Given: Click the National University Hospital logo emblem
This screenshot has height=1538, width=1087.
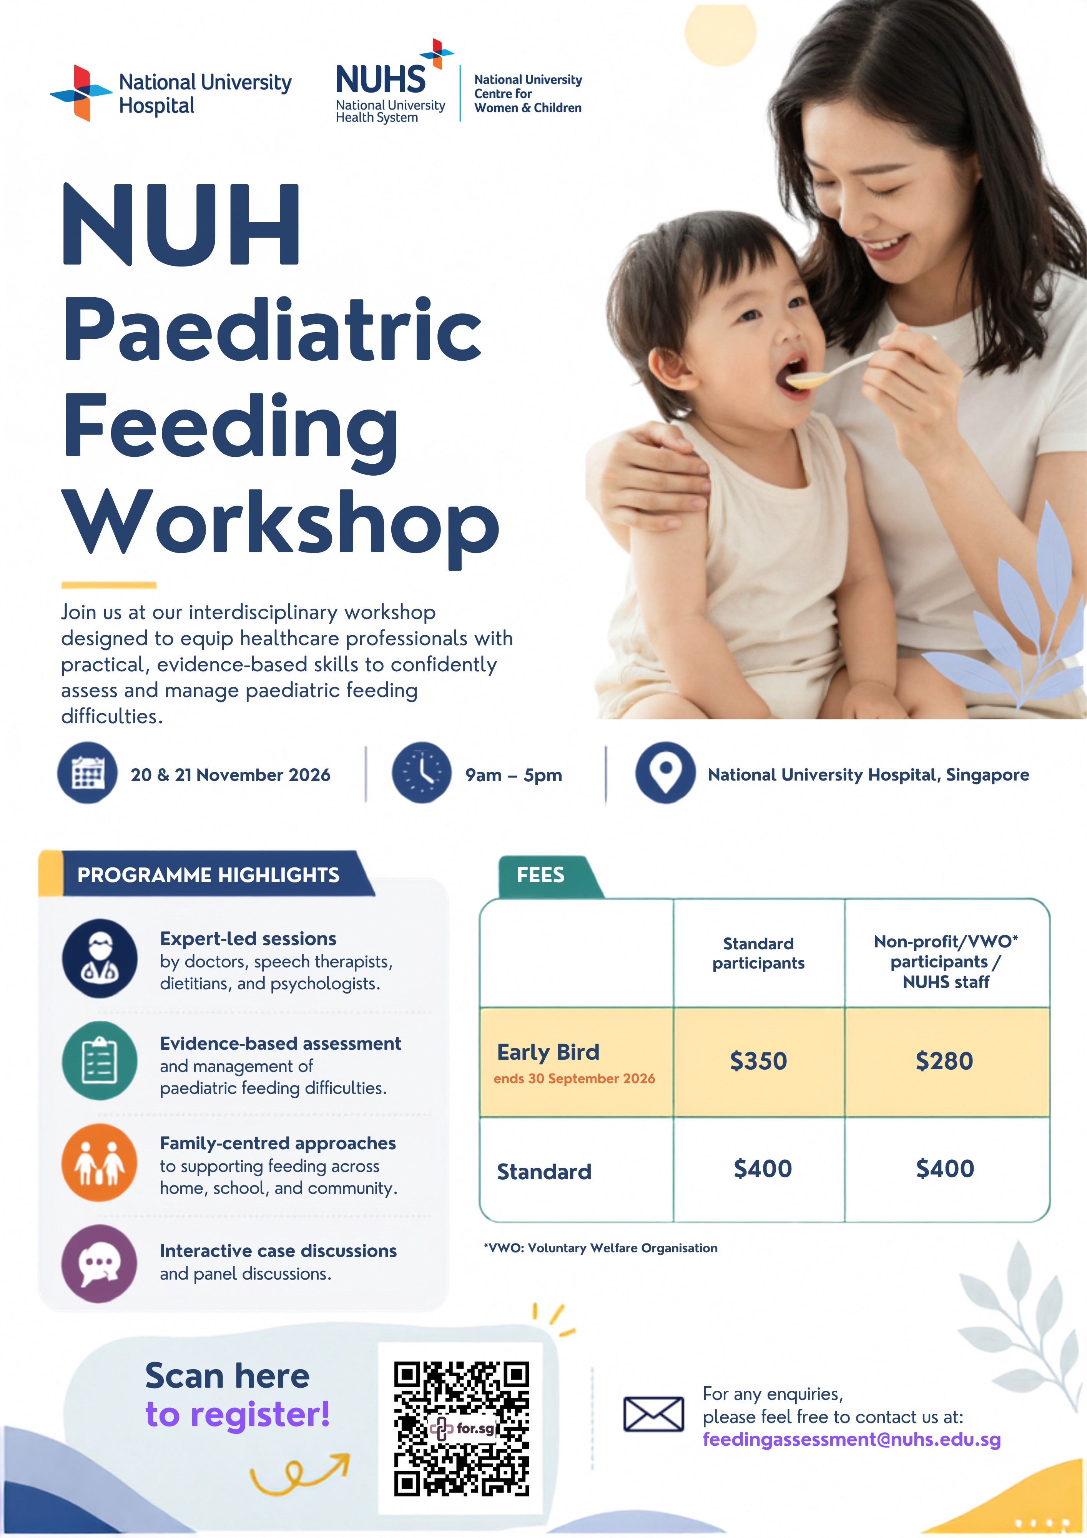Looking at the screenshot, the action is coord(81,93).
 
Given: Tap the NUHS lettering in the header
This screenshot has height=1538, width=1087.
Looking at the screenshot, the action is coord(381,80).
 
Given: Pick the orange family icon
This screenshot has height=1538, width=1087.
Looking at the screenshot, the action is coord(100,1162).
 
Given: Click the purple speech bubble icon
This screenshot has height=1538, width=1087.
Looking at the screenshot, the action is coord(100,1263).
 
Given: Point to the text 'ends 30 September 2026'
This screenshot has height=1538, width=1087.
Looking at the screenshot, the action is coord(574,1079).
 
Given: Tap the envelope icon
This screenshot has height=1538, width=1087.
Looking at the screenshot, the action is coord(654,1414).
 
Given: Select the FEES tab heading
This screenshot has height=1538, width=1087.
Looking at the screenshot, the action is coord(540,875).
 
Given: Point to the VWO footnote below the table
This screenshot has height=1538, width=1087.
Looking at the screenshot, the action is coord(601,1248).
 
